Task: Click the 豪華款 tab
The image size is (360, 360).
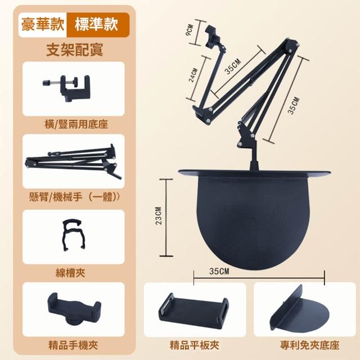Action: [x=43, y=25]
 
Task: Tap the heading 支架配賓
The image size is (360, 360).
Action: [x=75, y=49]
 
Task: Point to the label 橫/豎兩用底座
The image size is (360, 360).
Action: [x=76, y=125]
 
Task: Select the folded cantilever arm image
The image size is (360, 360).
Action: [x=73, y=161]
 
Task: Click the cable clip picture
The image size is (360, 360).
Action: [x=73, y=235]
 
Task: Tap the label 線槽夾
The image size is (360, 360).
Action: [x=70, y=272]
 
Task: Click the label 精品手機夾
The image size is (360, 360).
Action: [x=73, y=345]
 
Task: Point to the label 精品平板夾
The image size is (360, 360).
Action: [x=194, y=345]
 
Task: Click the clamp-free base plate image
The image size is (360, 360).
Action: [x=299, y=309]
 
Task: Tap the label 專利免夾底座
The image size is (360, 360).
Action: [x=309, y=345]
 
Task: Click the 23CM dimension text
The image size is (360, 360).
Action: [x=159, y=216]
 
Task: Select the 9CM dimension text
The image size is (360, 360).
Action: [x=190, y=30]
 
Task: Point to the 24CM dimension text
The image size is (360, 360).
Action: [x=193, y=75]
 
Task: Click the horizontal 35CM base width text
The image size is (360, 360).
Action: [x=219, y=271]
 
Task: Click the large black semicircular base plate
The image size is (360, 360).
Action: [x=254, y=218]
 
